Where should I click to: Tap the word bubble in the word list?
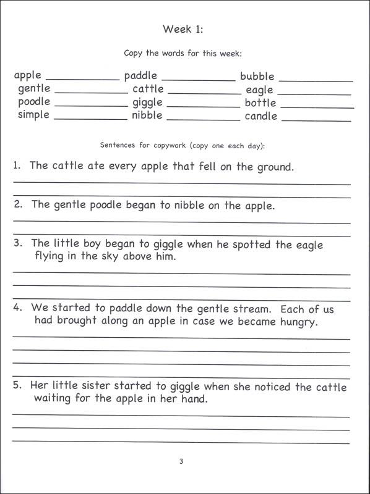[257, 77]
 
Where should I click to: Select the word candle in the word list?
[260, 116]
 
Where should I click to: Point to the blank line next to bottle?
[317, 107]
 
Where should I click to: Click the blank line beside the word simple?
[90, 119]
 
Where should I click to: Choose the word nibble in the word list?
[147, 115]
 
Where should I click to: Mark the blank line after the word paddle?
[198, 80]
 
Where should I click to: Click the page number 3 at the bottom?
[181, 461]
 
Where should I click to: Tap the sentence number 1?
[17, 166]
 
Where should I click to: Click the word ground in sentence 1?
[274, 167]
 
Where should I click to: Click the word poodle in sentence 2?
[108, 205]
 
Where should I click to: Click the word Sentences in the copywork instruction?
[118, 146]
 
